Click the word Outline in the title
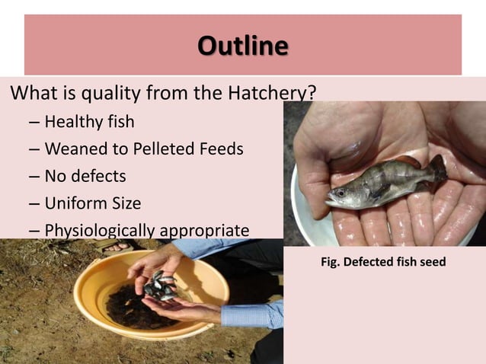242,46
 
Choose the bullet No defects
85,176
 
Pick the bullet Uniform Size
92,203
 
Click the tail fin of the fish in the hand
438,168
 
